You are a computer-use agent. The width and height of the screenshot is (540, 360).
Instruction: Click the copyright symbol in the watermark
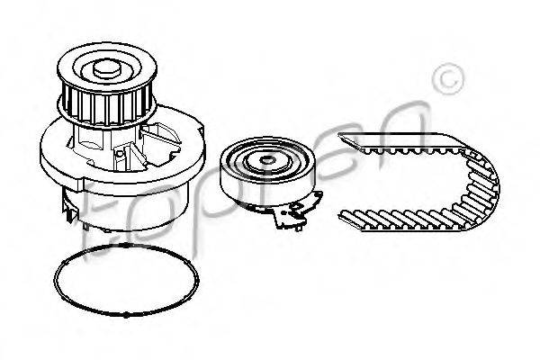(x=447, y=79)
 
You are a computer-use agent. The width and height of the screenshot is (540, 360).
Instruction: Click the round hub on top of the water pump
(x=107, y=68)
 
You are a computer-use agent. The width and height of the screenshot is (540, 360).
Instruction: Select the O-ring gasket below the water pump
(x=126, y=280)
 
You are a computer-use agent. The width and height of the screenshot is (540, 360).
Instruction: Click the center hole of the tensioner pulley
(x=267, y=160)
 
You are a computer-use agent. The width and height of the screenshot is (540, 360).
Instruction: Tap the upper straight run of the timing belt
(x=400, y=142)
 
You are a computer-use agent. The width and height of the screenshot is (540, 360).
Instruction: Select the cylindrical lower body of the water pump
(x=126, y=210)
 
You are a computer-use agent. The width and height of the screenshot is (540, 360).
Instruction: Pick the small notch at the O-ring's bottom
(x=126, y=314)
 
